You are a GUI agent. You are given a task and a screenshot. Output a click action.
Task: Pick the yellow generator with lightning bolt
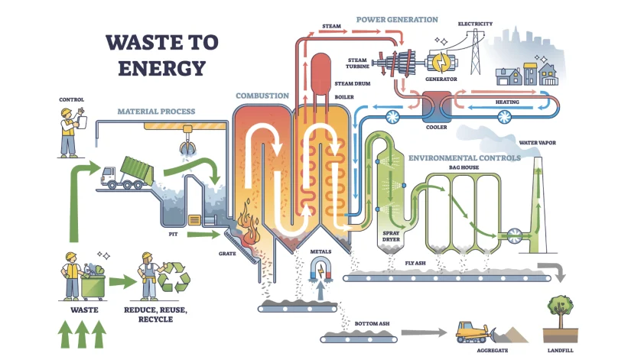(x=441, y=60)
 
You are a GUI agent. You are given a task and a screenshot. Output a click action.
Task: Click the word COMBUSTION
(x=262, y=96)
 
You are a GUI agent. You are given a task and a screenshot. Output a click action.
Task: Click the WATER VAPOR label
(x=540, y=142)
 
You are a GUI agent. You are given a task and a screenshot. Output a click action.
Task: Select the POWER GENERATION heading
(x=397, y=19)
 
